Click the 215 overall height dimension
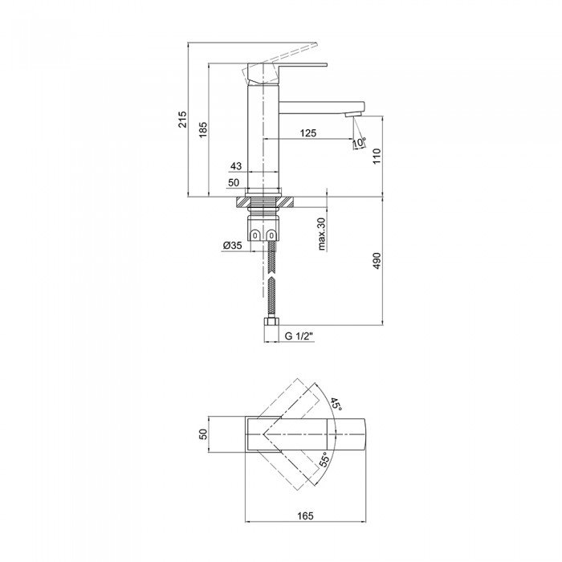point(183,120)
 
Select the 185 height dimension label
point(203,130)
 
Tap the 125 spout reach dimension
point(308,133)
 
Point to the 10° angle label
point(360,142)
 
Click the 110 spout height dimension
point(377,156)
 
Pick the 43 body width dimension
point(236,166)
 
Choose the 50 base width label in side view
point(234,182)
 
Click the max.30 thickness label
point(321,234)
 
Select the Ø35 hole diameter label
point(232,246)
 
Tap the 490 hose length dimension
point(377,261)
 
